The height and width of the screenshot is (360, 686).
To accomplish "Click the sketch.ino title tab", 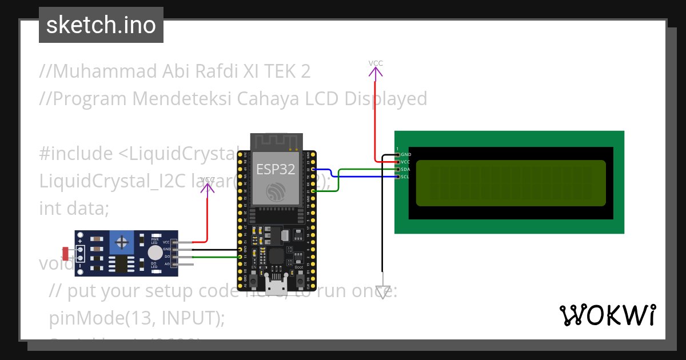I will coord(101,25).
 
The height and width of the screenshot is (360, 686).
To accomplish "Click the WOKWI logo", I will coord(607,315).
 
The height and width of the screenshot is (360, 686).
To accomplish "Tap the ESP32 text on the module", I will coord(276,170).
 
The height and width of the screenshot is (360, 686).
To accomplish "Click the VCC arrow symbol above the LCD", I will coord(376,71).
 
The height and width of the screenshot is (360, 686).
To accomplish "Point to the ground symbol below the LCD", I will coord(382,292).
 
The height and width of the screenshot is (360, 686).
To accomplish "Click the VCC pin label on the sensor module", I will coord(166,242).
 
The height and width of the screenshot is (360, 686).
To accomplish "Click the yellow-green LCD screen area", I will coord(510,183).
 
